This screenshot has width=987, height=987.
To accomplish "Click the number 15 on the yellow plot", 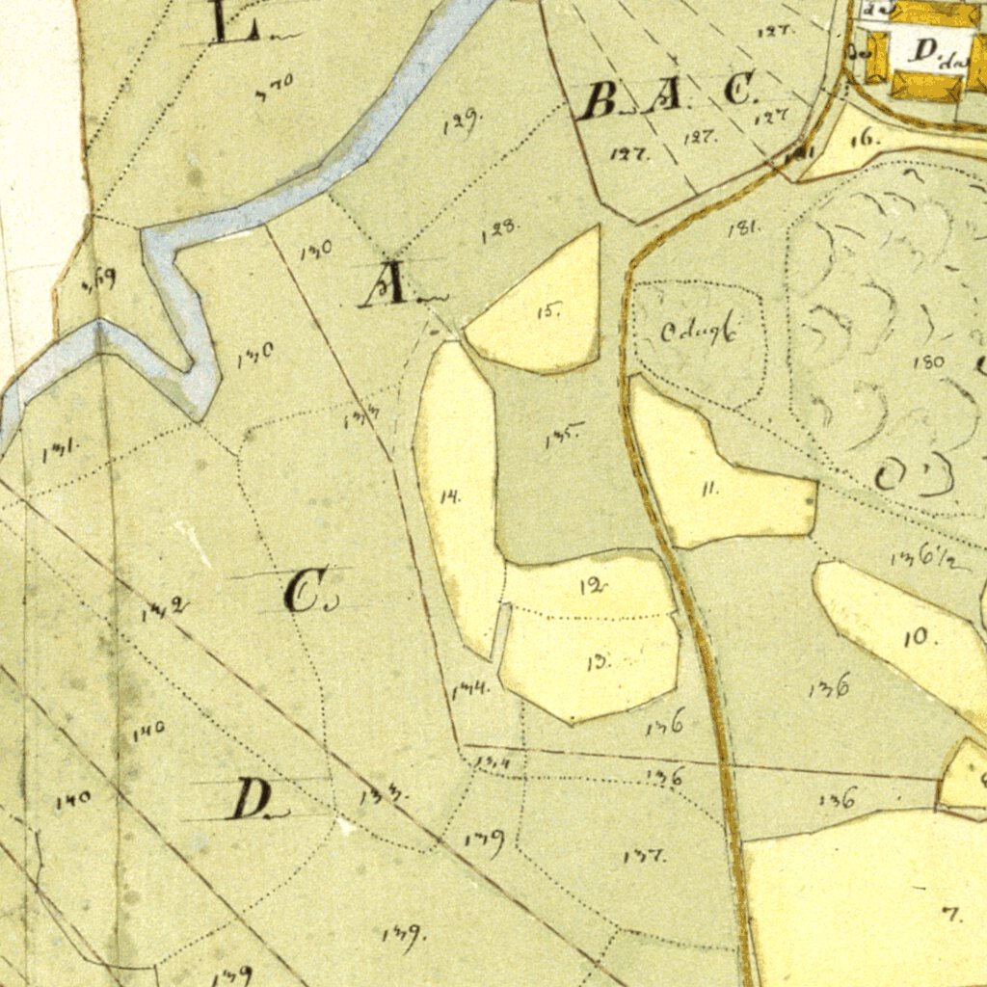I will point(549,310).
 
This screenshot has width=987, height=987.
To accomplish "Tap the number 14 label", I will point(450,497).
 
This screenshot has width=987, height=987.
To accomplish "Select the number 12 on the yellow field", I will point(594,586).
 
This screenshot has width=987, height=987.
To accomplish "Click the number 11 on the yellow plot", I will point(709,489).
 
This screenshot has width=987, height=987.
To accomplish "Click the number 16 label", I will point(865,138).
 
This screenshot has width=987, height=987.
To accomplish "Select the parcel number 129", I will point(464,122).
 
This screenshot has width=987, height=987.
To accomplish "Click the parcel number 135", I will point(562,438).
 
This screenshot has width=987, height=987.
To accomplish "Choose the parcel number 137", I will point(644,855).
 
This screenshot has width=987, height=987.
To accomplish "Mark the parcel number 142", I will point(164,607).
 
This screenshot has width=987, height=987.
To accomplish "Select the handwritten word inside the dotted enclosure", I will point(699,333).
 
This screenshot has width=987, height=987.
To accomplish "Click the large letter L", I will point(234,23).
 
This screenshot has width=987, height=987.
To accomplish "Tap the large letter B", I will point(600,100).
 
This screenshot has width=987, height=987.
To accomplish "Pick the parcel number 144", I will point(470,688).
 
